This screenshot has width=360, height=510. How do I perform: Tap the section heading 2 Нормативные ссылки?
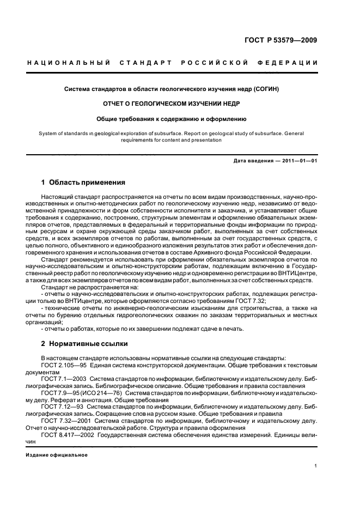(84, 344)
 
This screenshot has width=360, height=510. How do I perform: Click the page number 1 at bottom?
(316, 466)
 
